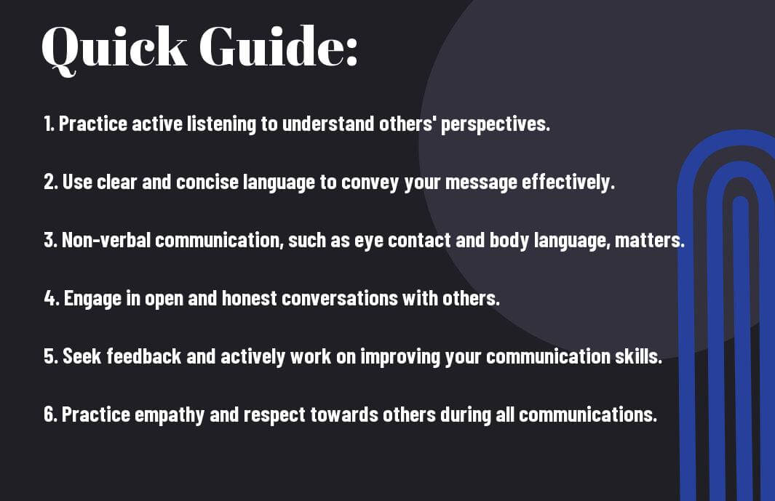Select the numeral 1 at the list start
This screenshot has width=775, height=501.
pyautogui.click(x=47, y=124)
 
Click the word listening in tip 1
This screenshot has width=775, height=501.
pyautogui.click(x=221, y=124)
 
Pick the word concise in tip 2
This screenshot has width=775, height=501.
pyautogui.click(x=207, y=182)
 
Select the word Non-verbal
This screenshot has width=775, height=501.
pyautogui.click(x=106, y=240)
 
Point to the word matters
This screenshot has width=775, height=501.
pyautogui.click(x=649, y=241)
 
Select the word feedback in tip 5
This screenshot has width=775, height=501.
pyautogui.click(x=144, y=356)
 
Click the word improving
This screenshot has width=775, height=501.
pyautogui.click(x=400, y=357)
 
